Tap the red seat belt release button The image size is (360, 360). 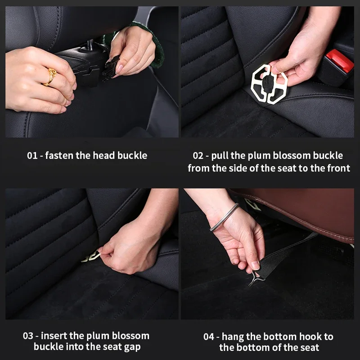coord(339,61)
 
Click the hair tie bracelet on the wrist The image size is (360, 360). coord(224,217)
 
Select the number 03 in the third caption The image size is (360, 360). coord(29,336)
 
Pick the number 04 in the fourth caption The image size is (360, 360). coord(208,337)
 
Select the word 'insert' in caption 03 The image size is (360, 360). coord(58,336)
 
